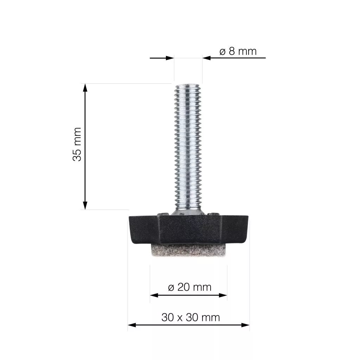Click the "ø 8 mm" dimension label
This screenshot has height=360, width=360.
(x=238, y=51)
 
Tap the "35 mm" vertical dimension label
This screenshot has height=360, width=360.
(x=77, y=144)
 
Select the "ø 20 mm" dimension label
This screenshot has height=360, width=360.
(x=189, y=287)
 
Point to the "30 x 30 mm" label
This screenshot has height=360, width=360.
(x=191, y=317)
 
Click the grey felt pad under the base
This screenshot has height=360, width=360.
(x=188, y=250)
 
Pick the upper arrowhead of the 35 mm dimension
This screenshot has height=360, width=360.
(x=85, y=88)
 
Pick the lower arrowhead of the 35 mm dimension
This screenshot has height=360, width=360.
(x=85, y=205)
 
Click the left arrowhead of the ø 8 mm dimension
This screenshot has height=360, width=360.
(x=170, y=58)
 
